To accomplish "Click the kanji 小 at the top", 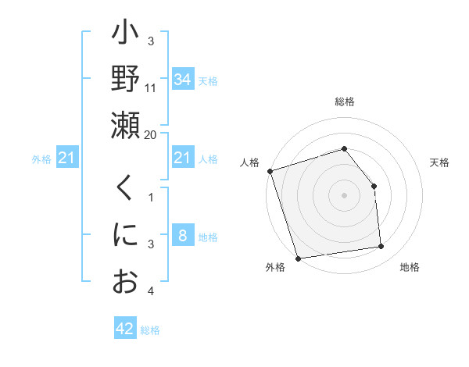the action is tap(125, 36).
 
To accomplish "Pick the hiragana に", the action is tap(125, 235).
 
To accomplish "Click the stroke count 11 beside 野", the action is tap(151, 88).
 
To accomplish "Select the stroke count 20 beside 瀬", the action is tap(151, 134).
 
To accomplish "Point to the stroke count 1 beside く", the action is tap(151, 196).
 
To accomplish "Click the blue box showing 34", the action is tap(183, 79).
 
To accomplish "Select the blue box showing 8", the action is tap(183, 236).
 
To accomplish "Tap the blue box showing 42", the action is tap(125, 329).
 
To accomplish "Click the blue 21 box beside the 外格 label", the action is tap(67, 159).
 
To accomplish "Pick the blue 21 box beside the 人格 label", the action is tap(183, 159).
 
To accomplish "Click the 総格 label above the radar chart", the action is tap(345, 102).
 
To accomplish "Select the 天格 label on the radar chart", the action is tap(440, 162).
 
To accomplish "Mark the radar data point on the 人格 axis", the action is tap(270, 171).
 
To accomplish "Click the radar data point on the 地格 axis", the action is tap(381, 247).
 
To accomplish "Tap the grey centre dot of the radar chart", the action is tap(345, 195).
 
